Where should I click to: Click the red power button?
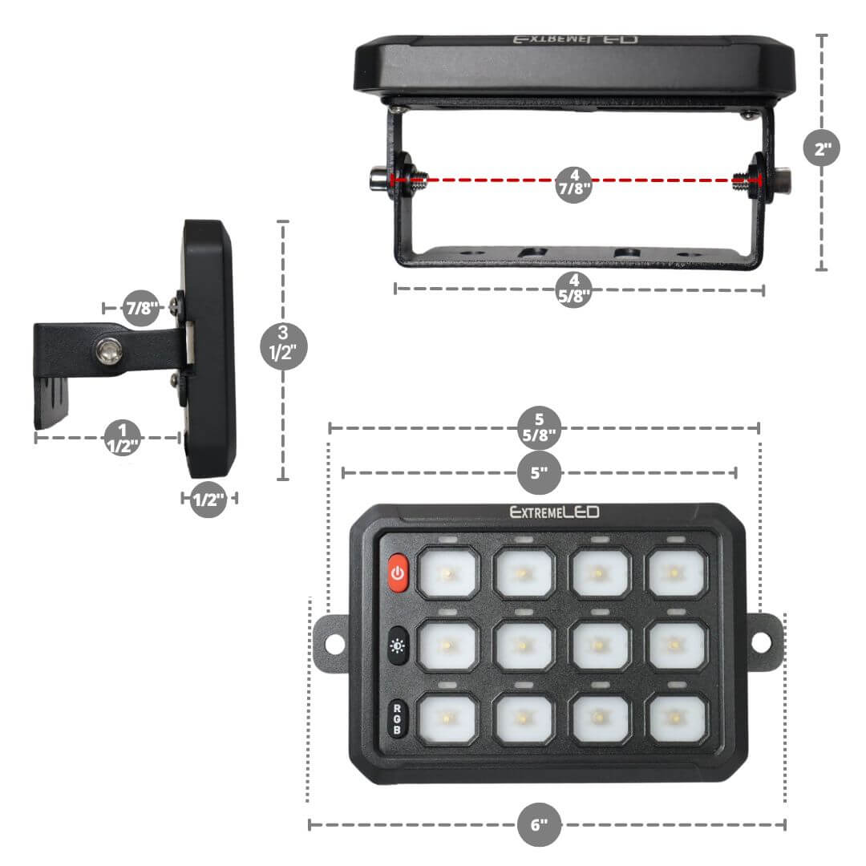coord(398,573)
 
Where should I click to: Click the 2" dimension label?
coord(822,148)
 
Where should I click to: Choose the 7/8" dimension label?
coord(141,308)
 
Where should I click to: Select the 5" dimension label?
coord(539,472)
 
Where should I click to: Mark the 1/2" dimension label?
coord(208,500)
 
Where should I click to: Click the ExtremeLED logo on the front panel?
coord(555,512)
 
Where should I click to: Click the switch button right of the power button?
coord(447,573)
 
